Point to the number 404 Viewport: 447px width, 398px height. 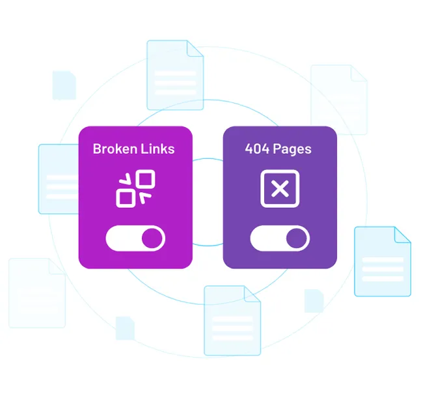[x=257, y=149]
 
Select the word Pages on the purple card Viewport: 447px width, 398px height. [x=292, y=150]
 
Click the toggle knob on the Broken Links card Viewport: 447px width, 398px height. [x=152, y=238]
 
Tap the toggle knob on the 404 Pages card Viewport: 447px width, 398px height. [x=297, y=238]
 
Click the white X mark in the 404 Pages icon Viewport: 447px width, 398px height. [x=280, y=189]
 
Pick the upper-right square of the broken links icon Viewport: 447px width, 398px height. [x=145, y=179]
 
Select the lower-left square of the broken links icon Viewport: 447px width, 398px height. [x=126, y=198]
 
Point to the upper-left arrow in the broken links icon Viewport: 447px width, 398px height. [x=125, y=179]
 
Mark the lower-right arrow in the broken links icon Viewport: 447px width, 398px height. [x=145, y=198]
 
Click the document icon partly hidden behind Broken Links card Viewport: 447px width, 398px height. [x=59, y=179]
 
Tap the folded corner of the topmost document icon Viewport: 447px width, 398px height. [x=195, y=48]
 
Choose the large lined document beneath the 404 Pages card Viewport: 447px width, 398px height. [x=232, y=320]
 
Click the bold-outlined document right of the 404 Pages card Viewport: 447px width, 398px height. [x=383, y=261]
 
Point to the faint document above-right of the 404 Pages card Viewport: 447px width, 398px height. [x=339, y=100]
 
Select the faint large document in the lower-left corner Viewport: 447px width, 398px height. [x=37, y=293]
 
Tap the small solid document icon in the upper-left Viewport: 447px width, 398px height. [x=64, y=85]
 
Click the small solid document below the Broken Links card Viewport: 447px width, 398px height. [x=125, y=328]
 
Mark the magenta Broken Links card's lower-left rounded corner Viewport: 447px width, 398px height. [x=83, y=264]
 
